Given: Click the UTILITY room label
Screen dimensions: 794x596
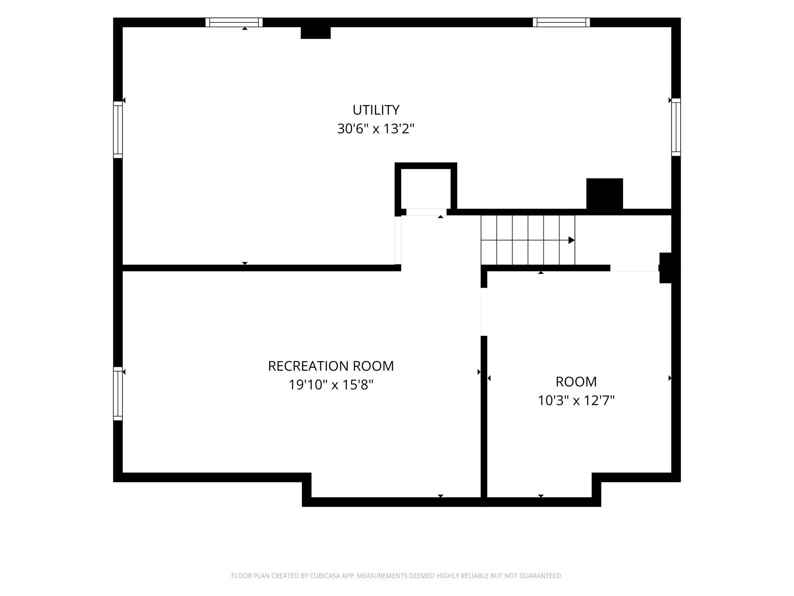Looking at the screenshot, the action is click(x=376, y=110).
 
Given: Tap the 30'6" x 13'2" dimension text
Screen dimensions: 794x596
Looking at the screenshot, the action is click(x=376, y=129).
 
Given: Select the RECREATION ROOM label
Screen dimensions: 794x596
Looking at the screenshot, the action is click(x=331, y=366).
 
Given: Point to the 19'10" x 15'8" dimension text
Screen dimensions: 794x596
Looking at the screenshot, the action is click(x=331, y=385).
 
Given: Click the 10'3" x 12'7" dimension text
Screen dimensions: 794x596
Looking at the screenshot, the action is click(x=576, y=400).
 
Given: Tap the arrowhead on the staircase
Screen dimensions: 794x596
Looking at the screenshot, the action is click(x=571, y=240).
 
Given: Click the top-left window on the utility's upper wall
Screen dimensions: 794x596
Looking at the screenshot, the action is click(x=234, y=23).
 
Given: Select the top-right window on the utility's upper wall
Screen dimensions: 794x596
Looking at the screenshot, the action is click(x=562, y=23).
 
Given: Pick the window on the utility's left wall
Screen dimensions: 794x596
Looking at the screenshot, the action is click(x=118, y=130).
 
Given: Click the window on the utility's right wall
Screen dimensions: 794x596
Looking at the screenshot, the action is click(x=676, y=127).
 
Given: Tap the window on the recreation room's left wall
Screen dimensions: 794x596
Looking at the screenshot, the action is click(x=118, y=394).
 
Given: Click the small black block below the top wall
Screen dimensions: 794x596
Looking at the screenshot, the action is click(x=316, y=33).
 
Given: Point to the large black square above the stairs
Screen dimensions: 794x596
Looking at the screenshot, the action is click(x=605, y=194).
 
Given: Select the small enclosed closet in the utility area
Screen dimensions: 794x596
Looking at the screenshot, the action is click(x=426, y=188).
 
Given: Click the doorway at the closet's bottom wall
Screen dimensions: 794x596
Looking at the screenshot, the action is click(x=426, y=212).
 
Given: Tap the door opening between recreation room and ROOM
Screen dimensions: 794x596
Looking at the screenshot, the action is click(x=484, y=311).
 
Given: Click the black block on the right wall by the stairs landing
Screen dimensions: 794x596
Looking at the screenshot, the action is click(x=665, y=268).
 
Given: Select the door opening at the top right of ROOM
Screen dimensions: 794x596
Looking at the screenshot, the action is click(x=635, y=268).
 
